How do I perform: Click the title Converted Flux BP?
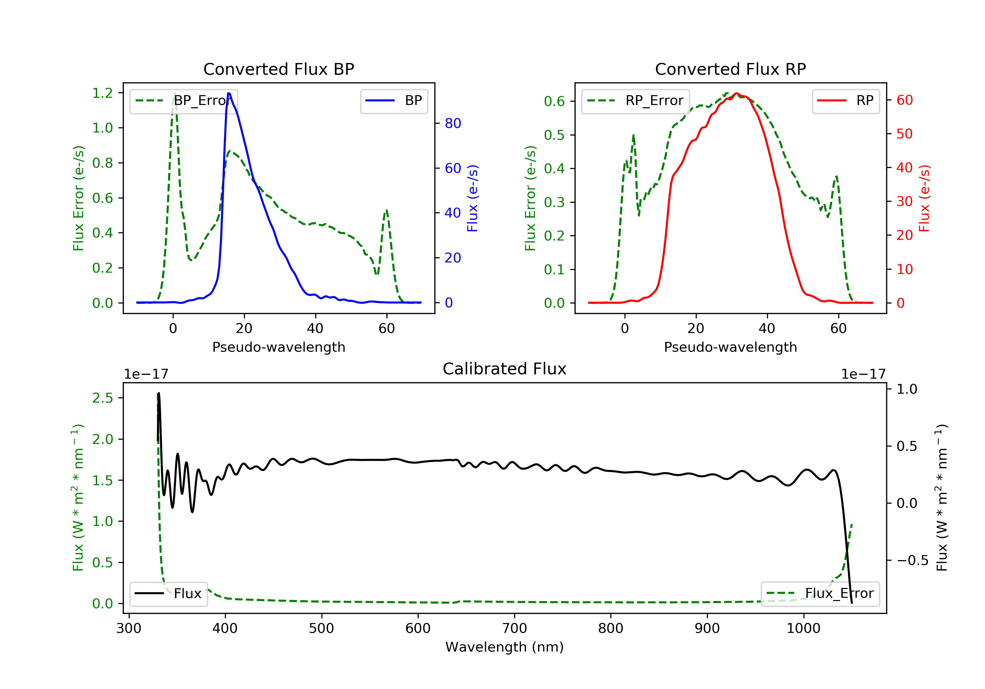click(278, 69)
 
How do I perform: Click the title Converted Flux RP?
click(730, 69)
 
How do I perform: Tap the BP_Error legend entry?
click(184, 101)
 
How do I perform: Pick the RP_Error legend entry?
click(635, 101)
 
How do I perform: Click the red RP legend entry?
click(845, 101)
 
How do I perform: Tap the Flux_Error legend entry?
click(820, 594)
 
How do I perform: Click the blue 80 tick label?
click(452, 123)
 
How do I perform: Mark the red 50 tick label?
click(904, 134)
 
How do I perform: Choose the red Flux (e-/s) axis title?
click(924, 198)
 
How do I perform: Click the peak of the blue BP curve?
click(229, 93)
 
